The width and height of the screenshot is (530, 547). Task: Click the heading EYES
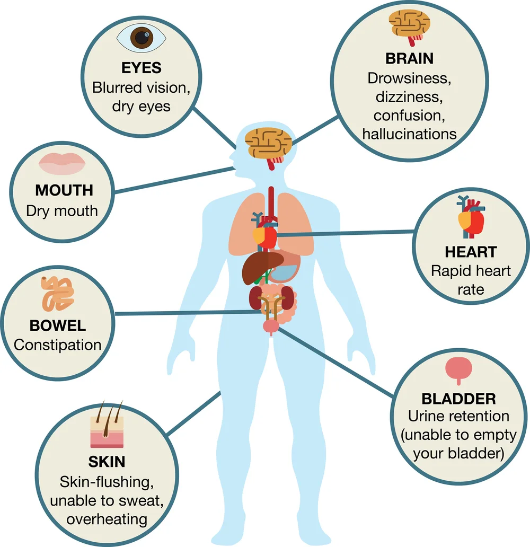141,68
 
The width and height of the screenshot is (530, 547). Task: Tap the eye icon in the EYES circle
141,38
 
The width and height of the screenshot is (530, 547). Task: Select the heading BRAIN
409,58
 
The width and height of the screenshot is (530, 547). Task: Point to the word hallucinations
409,133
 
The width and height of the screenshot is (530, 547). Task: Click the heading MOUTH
64,190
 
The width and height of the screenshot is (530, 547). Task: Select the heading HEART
471,251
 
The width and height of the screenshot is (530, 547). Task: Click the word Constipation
58,345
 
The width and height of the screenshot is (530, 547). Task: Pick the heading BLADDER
458,398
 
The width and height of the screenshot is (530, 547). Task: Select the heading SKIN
107,461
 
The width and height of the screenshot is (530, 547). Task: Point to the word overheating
107,518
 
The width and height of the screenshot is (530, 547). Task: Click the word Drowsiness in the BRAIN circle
409,78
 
